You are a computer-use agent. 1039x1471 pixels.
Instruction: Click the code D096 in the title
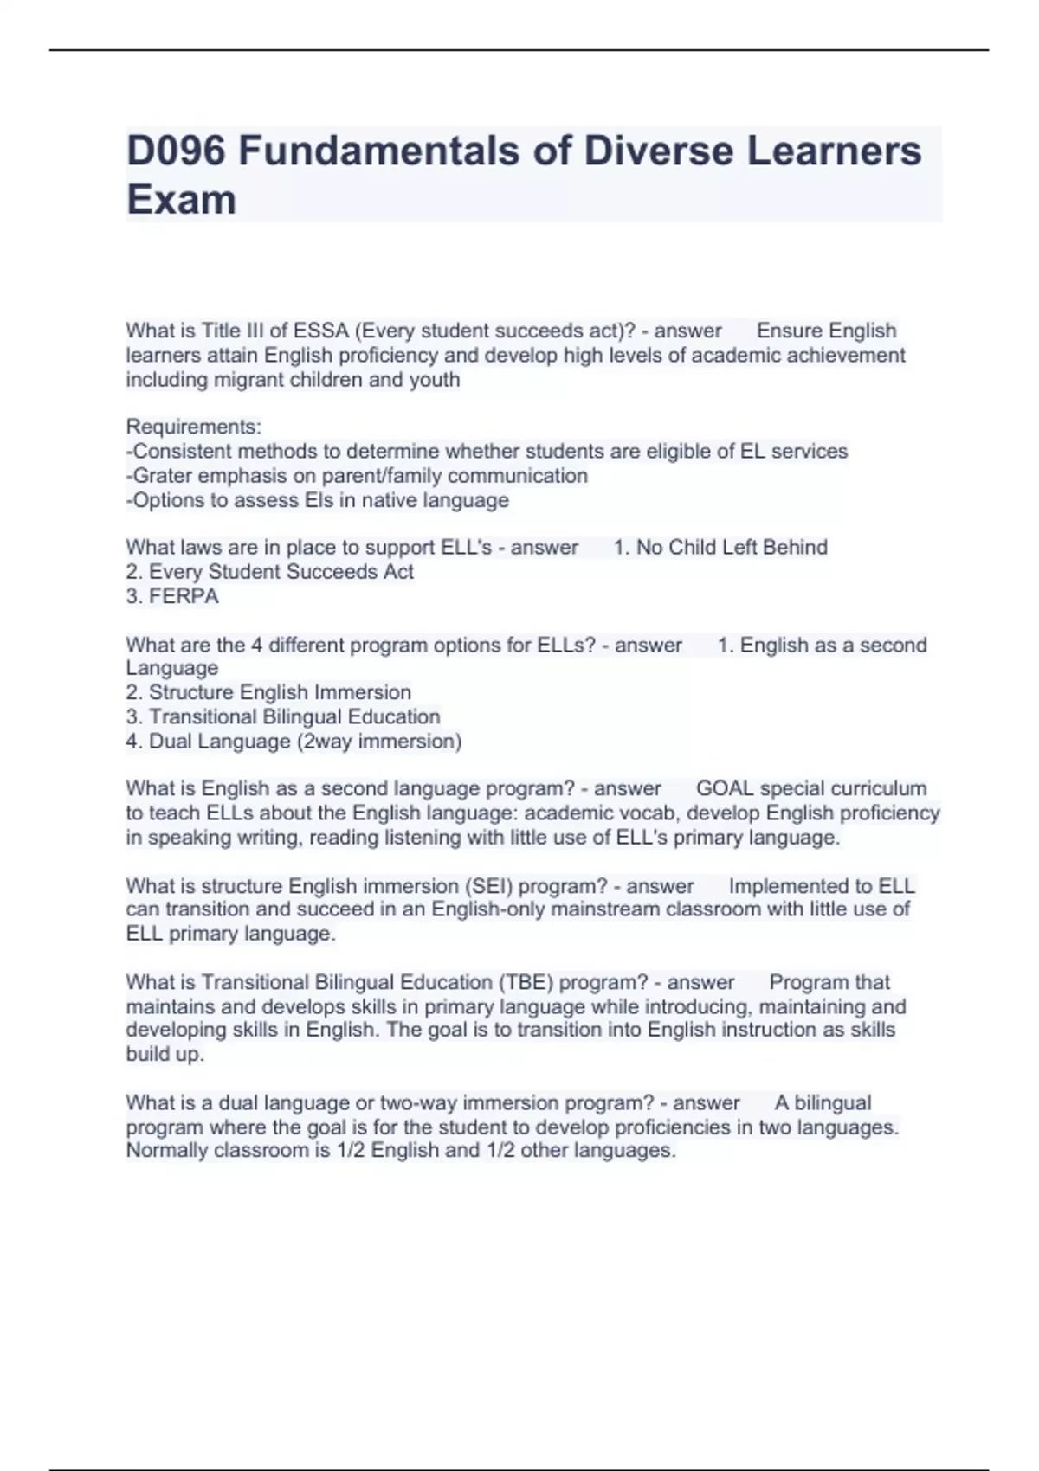coord(176,151)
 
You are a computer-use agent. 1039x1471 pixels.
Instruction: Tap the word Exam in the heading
coord(181,200)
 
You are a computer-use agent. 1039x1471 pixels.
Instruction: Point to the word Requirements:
coord(194,427)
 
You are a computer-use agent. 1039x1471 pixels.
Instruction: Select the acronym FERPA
coord(184,596)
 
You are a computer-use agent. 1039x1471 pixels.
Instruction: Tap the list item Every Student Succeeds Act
coord(281,572)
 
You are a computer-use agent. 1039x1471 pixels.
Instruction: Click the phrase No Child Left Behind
coord(732,548)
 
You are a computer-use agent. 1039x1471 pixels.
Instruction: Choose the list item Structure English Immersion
coord(280,692)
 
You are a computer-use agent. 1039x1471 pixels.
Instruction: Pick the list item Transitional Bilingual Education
coord(294,716)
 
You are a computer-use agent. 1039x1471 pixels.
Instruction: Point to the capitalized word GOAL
coord(725,789)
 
